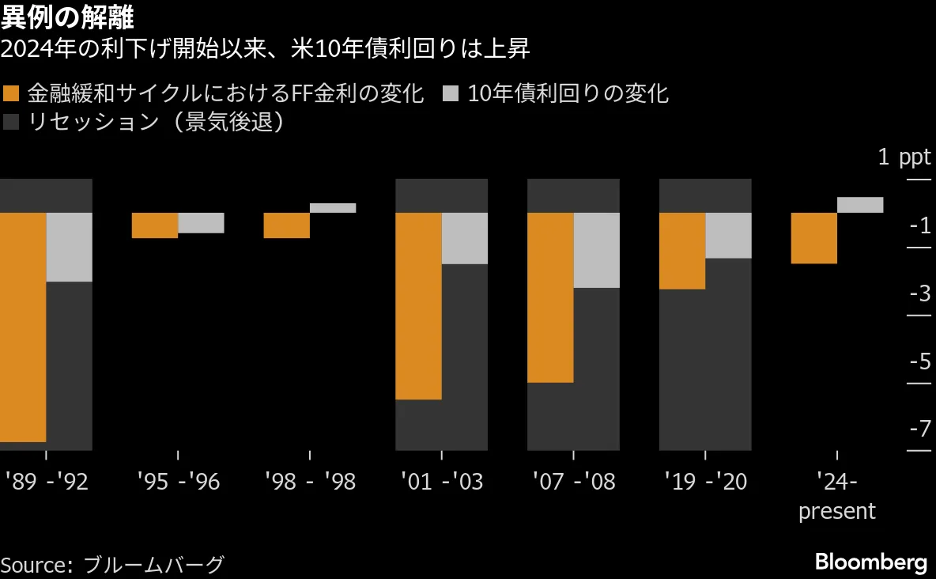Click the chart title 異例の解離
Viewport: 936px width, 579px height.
click(67, 17)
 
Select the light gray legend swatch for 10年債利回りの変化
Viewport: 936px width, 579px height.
click(451, 94)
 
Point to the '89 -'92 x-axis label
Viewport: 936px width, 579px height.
click(46, 481)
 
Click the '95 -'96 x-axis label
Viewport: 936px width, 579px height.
click(178, 481)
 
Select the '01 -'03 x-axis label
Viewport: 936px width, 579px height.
click(441, 481)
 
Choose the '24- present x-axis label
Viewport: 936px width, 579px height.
click(836, 496)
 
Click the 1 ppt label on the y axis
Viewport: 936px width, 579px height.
click(904, 157)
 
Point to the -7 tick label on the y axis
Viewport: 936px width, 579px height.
click(919, 430)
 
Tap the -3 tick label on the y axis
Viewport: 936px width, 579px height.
click(919, 294)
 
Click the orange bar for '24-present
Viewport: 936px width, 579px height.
click(813, 238)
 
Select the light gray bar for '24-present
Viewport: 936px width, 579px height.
click(859, 205)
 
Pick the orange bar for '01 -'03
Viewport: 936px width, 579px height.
click(418, 306)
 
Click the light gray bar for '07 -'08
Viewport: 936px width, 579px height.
click(596, 250)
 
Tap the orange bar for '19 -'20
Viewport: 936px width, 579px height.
click(681, 251)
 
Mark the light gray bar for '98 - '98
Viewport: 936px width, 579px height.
click(333, 208)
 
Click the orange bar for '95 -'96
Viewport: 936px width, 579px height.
click(154, 225)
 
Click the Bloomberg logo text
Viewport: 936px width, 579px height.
click(870, 562)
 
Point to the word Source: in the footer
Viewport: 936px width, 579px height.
click(36, 565)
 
